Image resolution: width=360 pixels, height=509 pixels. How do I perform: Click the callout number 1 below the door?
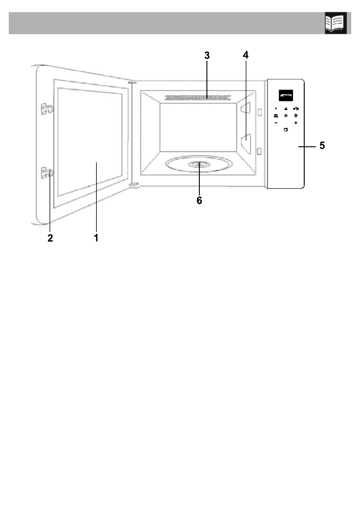click(96, 238)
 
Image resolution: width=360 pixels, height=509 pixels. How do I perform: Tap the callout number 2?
click(50, 238)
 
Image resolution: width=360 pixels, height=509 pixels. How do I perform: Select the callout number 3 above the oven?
click(207, 55)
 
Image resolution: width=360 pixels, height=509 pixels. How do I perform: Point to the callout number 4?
click(245, 55)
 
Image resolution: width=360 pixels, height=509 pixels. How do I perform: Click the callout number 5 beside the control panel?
click(322, 145)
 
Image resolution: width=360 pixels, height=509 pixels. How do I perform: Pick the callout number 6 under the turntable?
click(199, 200)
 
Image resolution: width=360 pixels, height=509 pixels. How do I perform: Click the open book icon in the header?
click(336, 23)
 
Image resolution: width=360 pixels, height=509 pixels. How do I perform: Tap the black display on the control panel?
click(286, 95)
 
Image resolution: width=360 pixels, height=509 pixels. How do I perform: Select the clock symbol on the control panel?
click(286, 116)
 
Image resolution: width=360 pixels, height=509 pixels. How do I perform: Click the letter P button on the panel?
click(276, 108)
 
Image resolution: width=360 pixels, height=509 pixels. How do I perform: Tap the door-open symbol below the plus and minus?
click(286, 130)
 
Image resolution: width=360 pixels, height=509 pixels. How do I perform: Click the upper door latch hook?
click(47, 109)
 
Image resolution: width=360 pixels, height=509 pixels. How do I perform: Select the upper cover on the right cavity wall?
click(246, 108)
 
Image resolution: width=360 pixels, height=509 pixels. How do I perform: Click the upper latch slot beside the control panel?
click(259, 112)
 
